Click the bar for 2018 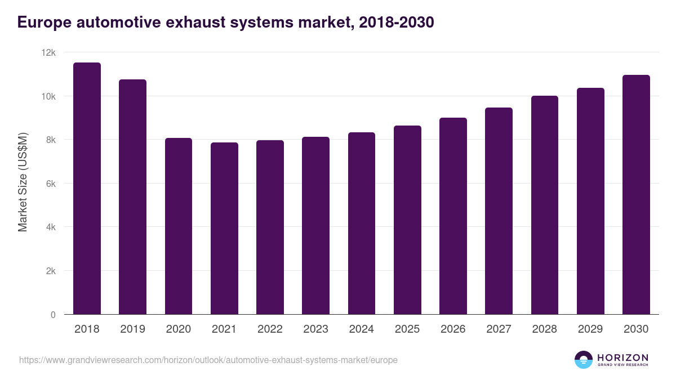point(87,189)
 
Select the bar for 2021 point(224,229)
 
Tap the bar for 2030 point(636,195)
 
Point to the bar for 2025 point(407,220)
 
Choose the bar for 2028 point(545,205)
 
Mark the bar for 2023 point(315,226)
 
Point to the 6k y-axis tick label point(50,184)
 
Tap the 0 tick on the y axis point(53,315)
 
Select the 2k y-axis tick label point(50,271)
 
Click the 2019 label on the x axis point(132,329)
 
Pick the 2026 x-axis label point(453,329)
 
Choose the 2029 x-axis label point(590,329)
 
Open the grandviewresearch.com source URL point(208,360)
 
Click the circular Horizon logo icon point(584,360)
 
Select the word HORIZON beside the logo point(622,357)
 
